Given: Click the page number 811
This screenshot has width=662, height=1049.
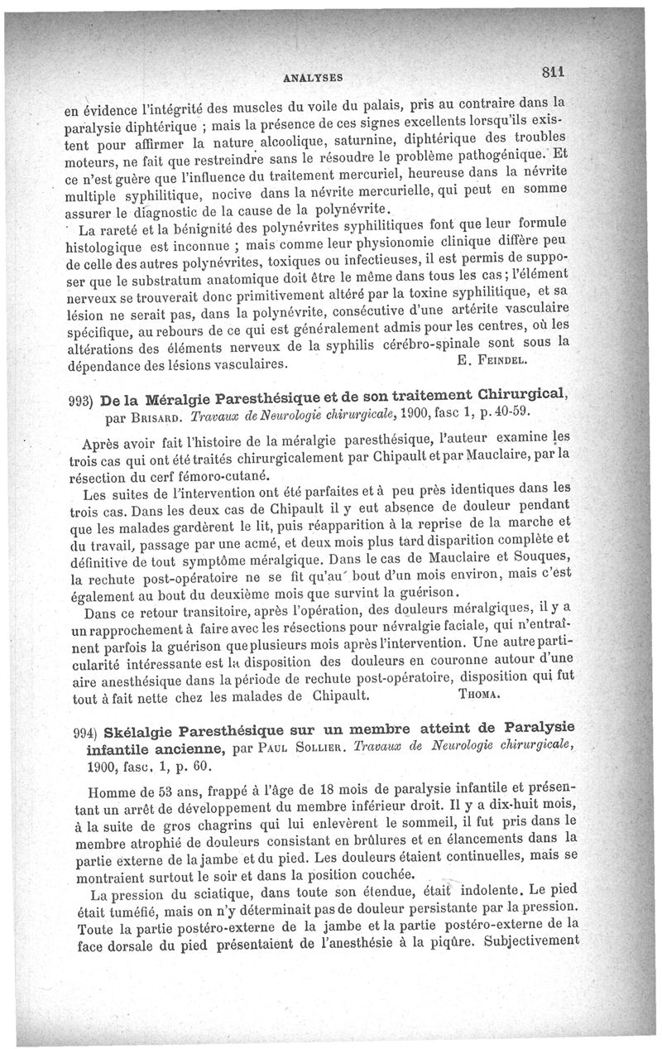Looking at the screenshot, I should pos(559,70).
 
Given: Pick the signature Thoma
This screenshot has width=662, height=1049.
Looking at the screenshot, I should pos(477,696).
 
